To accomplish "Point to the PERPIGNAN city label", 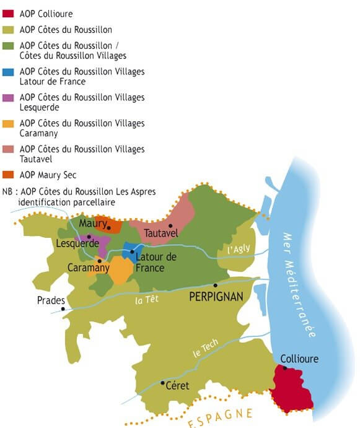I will (216, 297).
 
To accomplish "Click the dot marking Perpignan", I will (215, 286).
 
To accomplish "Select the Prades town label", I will (51, 300).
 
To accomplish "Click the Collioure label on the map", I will (301, 359).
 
